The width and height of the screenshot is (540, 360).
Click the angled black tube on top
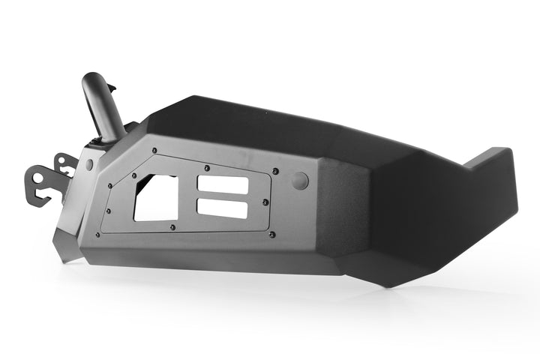(106, 110)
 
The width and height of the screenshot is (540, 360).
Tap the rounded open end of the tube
(97, 80)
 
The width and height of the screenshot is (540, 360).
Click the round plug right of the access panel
(298, 180)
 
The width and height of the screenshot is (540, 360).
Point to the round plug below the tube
(90, 164)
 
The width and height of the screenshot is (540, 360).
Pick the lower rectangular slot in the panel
(221, 208)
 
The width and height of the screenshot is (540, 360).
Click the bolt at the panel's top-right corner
(275, 172)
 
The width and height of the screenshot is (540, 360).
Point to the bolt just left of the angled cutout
(110, 186)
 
